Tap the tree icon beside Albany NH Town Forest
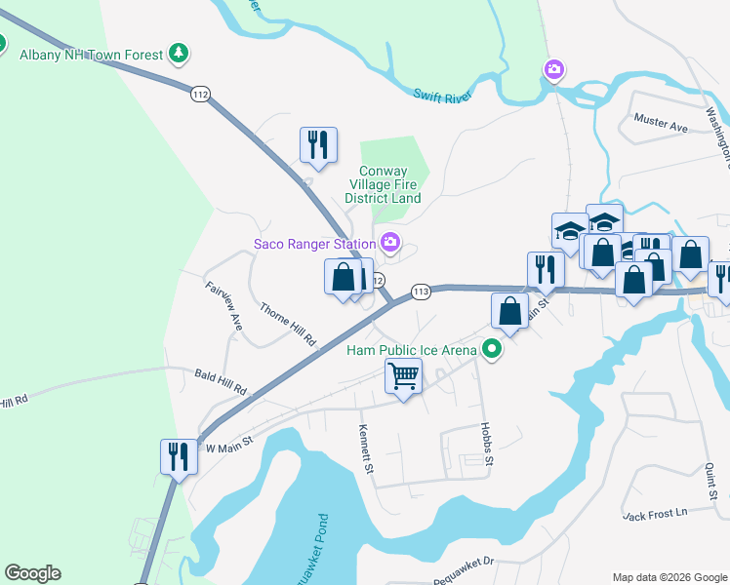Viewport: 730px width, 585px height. click(178, 54)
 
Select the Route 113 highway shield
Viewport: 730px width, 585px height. click(422, 292)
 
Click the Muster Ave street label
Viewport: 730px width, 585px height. click(661, 127)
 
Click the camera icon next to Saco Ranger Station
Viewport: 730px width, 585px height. click(390, 243)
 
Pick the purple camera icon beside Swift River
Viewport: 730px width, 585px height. click(553, 69)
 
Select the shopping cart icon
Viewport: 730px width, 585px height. click(403, 374)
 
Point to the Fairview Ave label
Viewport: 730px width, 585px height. click(223, 303)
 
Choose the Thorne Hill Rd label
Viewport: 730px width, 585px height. click(288, 325)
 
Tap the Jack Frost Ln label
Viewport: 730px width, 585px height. click(655, 512)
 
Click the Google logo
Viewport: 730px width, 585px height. click(32, 573)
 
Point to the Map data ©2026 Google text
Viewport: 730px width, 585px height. click(669, 577)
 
